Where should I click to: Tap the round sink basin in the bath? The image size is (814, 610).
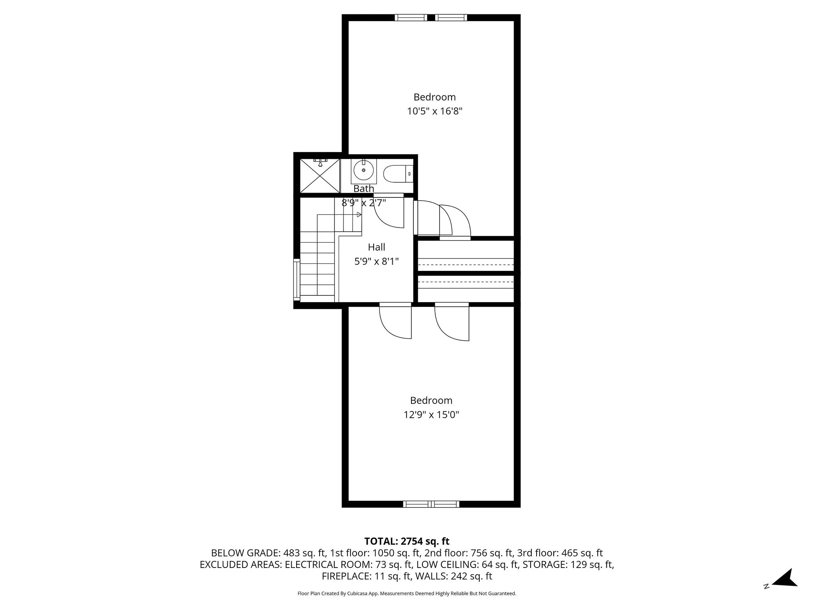pos(363,170)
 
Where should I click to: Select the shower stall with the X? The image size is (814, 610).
pos(320,176)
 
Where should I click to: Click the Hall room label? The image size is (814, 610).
pos(376,247)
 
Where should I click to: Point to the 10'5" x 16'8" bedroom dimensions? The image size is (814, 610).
pos(434,111)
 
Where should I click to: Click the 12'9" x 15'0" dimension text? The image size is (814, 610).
pos(431,415)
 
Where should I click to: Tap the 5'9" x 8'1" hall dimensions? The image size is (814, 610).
pos(376,261)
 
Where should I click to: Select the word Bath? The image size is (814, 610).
pos(364,189)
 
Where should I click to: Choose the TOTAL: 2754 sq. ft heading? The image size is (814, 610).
pos(407,541)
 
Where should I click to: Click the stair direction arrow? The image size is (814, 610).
pos(359,214)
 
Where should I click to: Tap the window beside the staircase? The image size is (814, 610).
pos(297,279)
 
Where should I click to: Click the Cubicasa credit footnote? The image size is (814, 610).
pos(407,593)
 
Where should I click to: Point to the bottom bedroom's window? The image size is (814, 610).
pos(431,504)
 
